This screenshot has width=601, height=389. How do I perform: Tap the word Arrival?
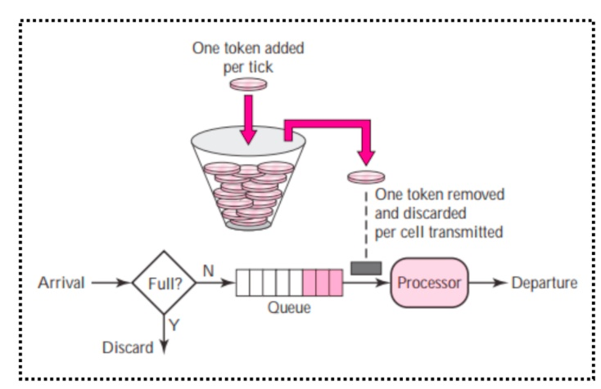(61, 284)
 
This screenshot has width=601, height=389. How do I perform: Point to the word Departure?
(544, 283)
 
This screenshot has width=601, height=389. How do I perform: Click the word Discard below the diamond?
(127, 347)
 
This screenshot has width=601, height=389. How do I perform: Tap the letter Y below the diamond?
(174, 325)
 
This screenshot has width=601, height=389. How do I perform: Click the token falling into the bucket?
(247, 83)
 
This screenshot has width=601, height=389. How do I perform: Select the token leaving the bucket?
(365, 176)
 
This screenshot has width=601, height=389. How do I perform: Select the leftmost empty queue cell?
(242, 283)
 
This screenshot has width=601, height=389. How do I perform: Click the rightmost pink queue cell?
(335, 283)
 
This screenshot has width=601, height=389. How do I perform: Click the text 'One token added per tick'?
(247, 56)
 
